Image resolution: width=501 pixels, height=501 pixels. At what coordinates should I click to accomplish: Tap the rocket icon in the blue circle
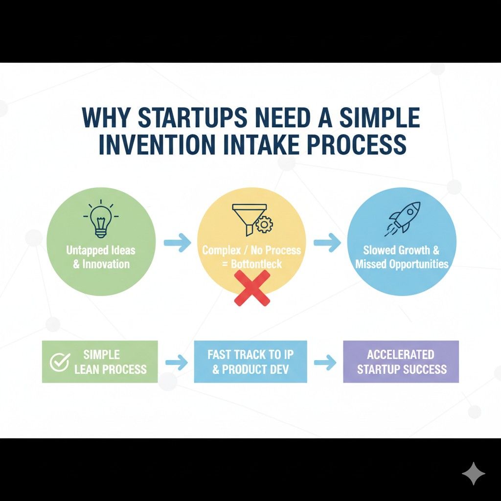click(401, 218)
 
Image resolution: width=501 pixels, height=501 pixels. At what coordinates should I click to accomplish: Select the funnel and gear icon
click(252, 218)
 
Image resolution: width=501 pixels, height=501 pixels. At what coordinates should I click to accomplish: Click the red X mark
click(252, 288)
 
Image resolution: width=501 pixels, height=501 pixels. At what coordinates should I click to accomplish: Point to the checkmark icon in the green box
click(59, 362)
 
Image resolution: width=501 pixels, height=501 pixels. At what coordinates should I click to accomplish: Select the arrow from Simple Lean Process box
click(176, 363)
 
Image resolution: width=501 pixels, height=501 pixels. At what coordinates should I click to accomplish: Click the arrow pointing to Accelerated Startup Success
click(325, 363)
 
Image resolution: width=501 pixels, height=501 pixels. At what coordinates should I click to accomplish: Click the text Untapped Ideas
click(101, 250)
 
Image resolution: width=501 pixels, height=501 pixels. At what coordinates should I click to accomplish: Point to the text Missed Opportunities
click(402, 264)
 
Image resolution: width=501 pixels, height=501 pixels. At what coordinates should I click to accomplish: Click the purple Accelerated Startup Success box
click(401, 362)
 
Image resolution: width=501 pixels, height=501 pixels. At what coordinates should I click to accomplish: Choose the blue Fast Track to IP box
click(250, 362)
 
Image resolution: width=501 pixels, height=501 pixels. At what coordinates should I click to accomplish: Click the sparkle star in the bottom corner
click(474, 474)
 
